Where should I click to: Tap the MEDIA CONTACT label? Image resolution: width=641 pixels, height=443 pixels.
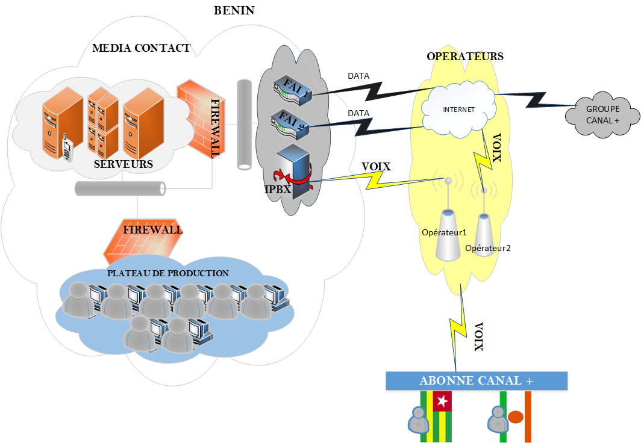click(141, 48)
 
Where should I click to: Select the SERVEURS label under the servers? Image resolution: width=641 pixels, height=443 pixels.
click(124, 164)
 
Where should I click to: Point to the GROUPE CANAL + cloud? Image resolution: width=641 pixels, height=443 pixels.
click(602, 114)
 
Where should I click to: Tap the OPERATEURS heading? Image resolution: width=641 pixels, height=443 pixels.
click(465, 57)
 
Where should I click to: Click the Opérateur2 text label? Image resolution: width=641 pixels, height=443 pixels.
click(487, 247)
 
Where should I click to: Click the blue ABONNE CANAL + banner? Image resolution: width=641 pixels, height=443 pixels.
click(476, 381)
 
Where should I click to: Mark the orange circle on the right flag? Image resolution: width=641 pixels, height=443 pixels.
click(515, 416)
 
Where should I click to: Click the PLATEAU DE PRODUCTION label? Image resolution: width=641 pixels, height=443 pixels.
click(167, 273)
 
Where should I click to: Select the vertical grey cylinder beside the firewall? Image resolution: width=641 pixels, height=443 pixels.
click(243, 123)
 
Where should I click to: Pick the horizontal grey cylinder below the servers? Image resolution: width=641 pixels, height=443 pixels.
click(120, 188)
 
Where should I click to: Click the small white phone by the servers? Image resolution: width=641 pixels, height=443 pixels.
click(68, 150)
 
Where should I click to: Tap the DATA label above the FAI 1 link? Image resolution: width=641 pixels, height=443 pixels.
click(358, 76)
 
